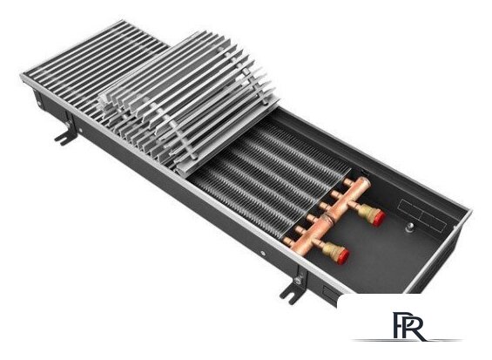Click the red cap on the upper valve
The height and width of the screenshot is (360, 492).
pos(379,218)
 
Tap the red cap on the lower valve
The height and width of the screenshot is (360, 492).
pos(343,256)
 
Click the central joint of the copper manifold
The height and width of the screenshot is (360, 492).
pos(329,216)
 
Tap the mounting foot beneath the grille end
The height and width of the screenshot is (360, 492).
pos(65,137)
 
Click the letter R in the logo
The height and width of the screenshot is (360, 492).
pos(414,326)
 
